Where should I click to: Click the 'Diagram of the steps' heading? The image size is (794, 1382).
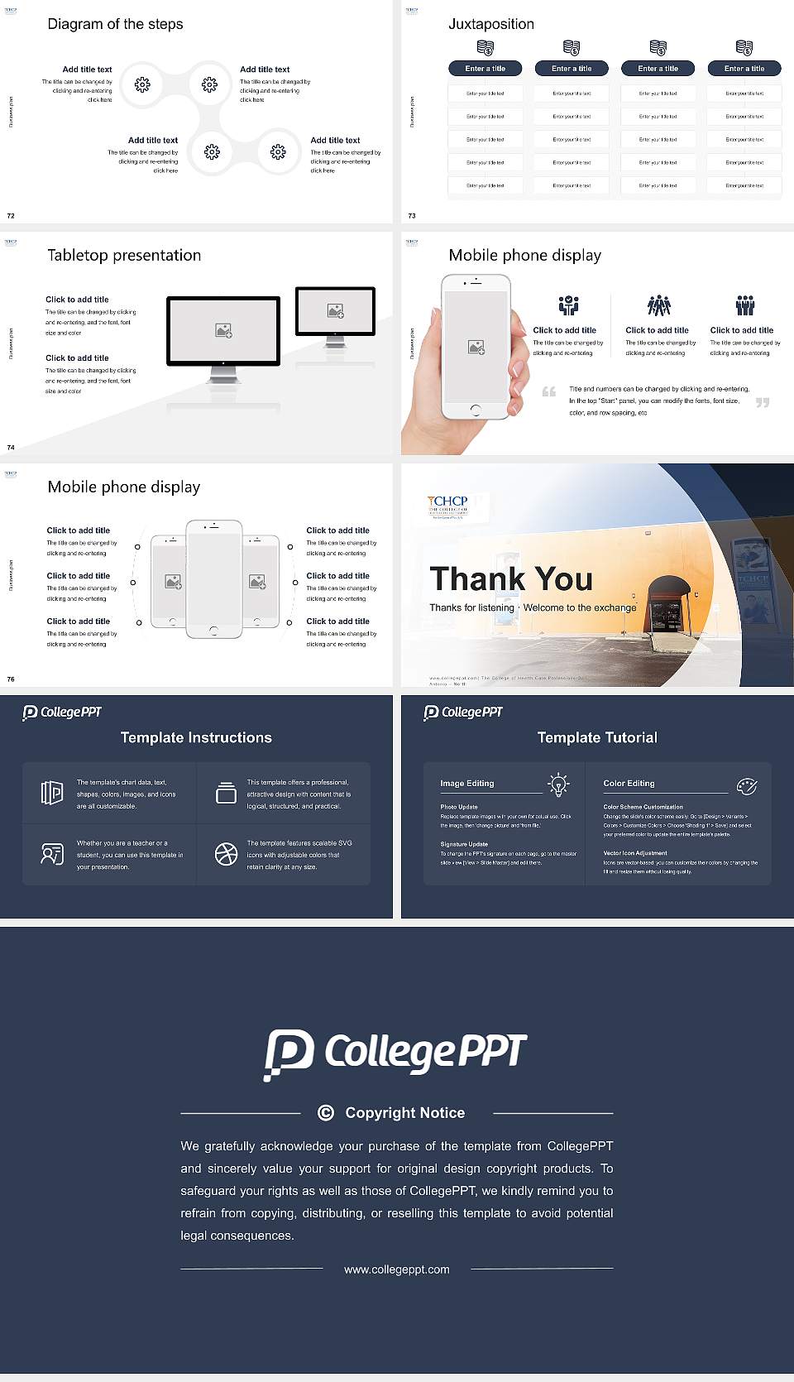pyautogui.click(x=115, y=24)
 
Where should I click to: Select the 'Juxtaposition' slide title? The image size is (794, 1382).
pyautogui.click(x=490, y=24)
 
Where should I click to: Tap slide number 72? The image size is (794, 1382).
pyautogui.click(x=11, y=215)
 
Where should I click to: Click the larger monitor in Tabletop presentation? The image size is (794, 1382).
pyautogui.click(x=223, y=331)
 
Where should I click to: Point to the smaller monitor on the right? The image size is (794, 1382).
pyautogui.click(x=335, y=311)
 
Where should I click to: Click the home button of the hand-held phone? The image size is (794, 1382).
pyautogui.click(x=476, y=410)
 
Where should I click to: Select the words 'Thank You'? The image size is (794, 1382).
pyautogui.click(x=511, y=579)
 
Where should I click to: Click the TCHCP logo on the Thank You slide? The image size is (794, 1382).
pyautogui.click(x=447, y=506)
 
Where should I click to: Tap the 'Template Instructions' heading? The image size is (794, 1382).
pyautogui.click(x=196, y=737)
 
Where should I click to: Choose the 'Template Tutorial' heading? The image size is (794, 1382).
pyautogui.click(x=597, y=737)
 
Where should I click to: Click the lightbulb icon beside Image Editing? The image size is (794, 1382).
pyautogui.click(x=559, y=785)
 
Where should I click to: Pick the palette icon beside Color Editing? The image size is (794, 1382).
pyautogui.click(x=747, y=785)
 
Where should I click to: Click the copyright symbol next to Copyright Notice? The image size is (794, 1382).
pyautogui.click(x=326, y=1113)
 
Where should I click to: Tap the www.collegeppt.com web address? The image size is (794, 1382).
pyautogui.click(x=397, y=1269)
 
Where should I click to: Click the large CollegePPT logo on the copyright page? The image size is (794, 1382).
pyautogui.click(x=395, y=1053)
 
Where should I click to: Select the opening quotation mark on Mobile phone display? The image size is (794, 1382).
pyautogui.click(x=548, y=391)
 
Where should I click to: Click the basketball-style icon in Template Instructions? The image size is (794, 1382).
pyautogui.click(x=226, y=854)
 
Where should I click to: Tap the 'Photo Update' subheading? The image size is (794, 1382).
pyautogui.click(x=459, y=807)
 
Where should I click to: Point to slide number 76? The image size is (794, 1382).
pyautogui.click(x=11, y=679)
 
